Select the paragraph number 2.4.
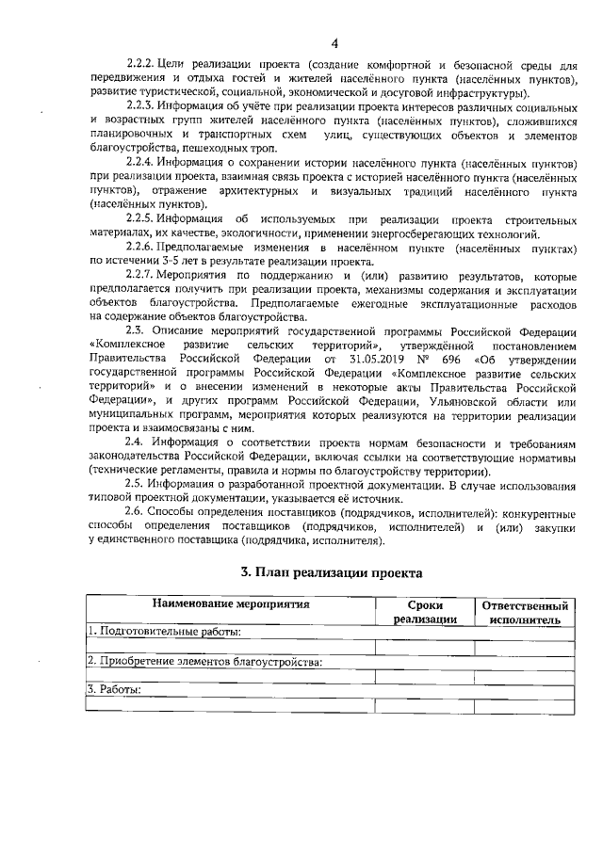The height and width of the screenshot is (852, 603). [x=138, y=441]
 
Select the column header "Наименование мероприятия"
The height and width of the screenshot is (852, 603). [x=230, y=605]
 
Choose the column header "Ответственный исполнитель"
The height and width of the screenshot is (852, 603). [x=525, y=612]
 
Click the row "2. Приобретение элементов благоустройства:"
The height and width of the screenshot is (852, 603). [x=204, y=661]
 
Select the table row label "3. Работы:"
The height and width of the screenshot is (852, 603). [x=114, y=691]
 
